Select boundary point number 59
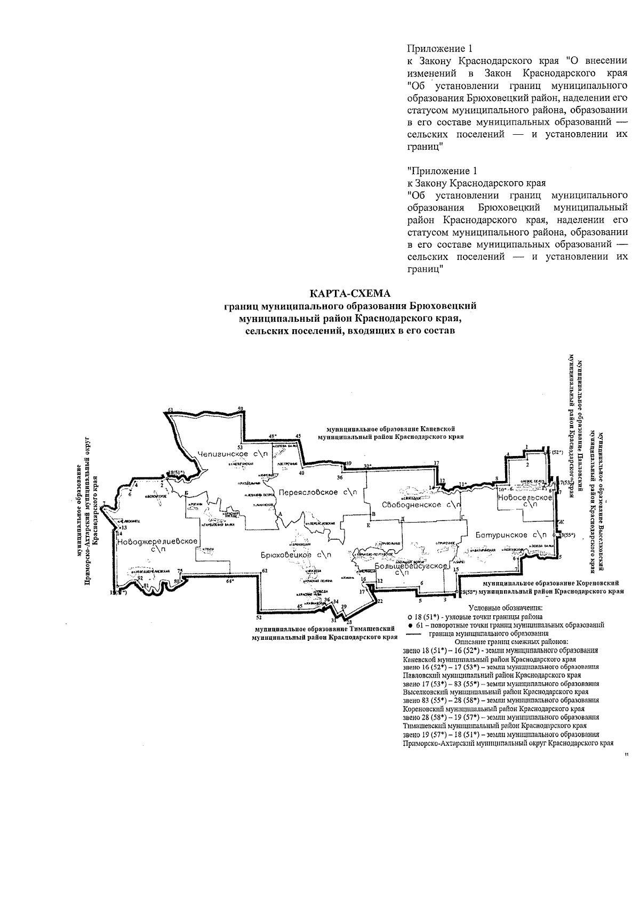point(241,409)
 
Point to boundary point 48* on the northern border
point(273,436)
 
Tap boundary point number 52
point(259,618)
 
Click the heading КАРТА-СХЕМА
point(350,294)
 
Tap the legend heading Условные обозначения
point(505,607)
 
